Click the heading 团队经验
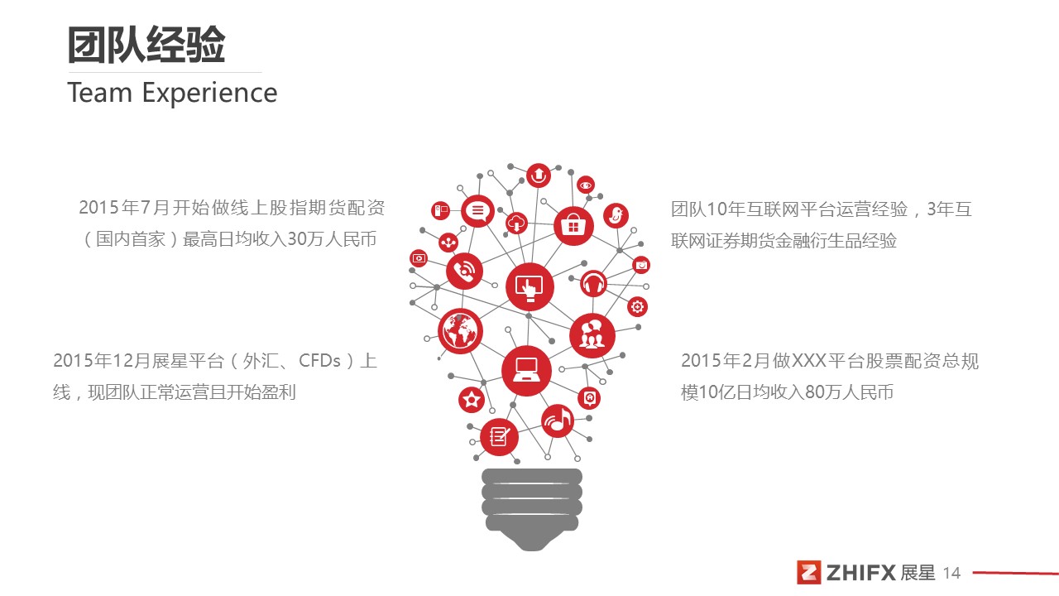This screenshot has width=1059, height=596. (146, 45)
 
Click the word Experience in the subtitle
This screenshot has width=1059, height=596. (210, 94)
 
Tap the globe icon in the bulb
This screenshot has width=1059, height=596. (460, 331)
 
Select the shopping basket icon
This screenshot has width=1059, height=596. (573, 226)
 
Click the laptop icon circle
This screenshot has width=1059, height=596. (526, 370)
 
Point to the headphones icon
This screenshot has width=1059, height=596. (593, 284)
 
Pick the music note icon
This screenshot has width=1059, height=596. (558, 421)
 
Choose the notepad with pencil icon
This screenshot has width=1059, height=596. (499, 437)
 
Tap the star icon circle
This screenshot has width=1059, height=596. (472, 400)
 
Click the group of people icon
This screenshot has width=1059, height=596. (592, 335)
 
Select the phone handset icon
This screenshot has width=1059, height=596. (464, 271)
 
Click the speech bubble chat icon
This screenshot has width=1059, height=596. (477, 211)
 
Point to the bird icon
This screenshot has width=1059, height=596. (616, 216)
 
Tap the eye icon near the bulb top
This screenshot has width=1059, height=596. (585, 185)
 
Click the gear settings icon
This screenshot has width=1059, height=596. (637, 307)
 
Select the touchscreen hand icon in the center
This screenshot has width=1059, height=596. (529, 286)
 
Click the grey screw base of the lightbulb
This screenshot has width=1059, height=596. (532, 509)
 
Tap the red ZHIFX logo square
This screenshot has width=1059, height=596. (809, 573)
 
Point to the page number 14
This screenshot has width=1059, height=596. (951, 574)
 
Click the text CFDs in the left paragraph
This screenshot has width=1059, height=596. (319, 361)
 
